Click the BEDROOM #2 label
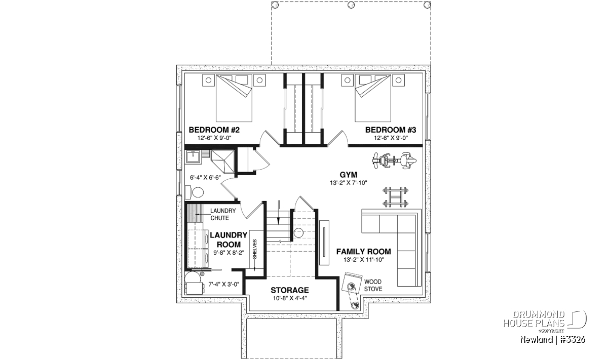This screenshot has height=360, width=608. pos(214,130)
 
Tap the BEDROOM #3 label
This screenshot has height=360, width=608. pos(391,130)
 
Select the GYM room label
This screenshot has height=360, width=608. pos(349,175)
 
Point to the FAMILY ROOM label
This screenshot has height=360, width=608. pos(364,252)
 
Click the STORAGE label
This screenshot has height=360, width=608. pos(290,290)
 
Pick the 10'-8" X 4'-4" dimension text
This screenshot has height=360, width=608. pos(290,298)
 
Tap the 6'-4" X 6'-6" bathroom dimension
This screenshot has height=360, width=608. pos(205,178)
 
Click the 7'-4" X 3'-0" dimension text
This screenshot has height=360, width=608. pos(223,285)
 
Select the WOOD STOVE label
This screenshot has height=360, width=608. pos(373,286)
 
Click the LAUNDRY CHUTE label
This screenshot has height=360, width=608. pos(223,214)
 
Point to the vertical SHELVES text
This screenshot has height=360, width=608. pos(254,249)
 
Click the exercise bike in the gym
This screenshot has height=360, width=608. pos(394,161)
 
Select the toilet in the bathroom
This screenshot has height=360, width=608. pos(195,192)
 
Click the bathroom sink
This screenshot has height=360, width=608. pos(193,157)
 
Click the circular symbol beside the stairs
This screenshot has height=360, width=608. pos(298,233)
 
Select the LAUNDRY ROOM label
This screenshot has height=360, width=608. pos(229,239)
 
